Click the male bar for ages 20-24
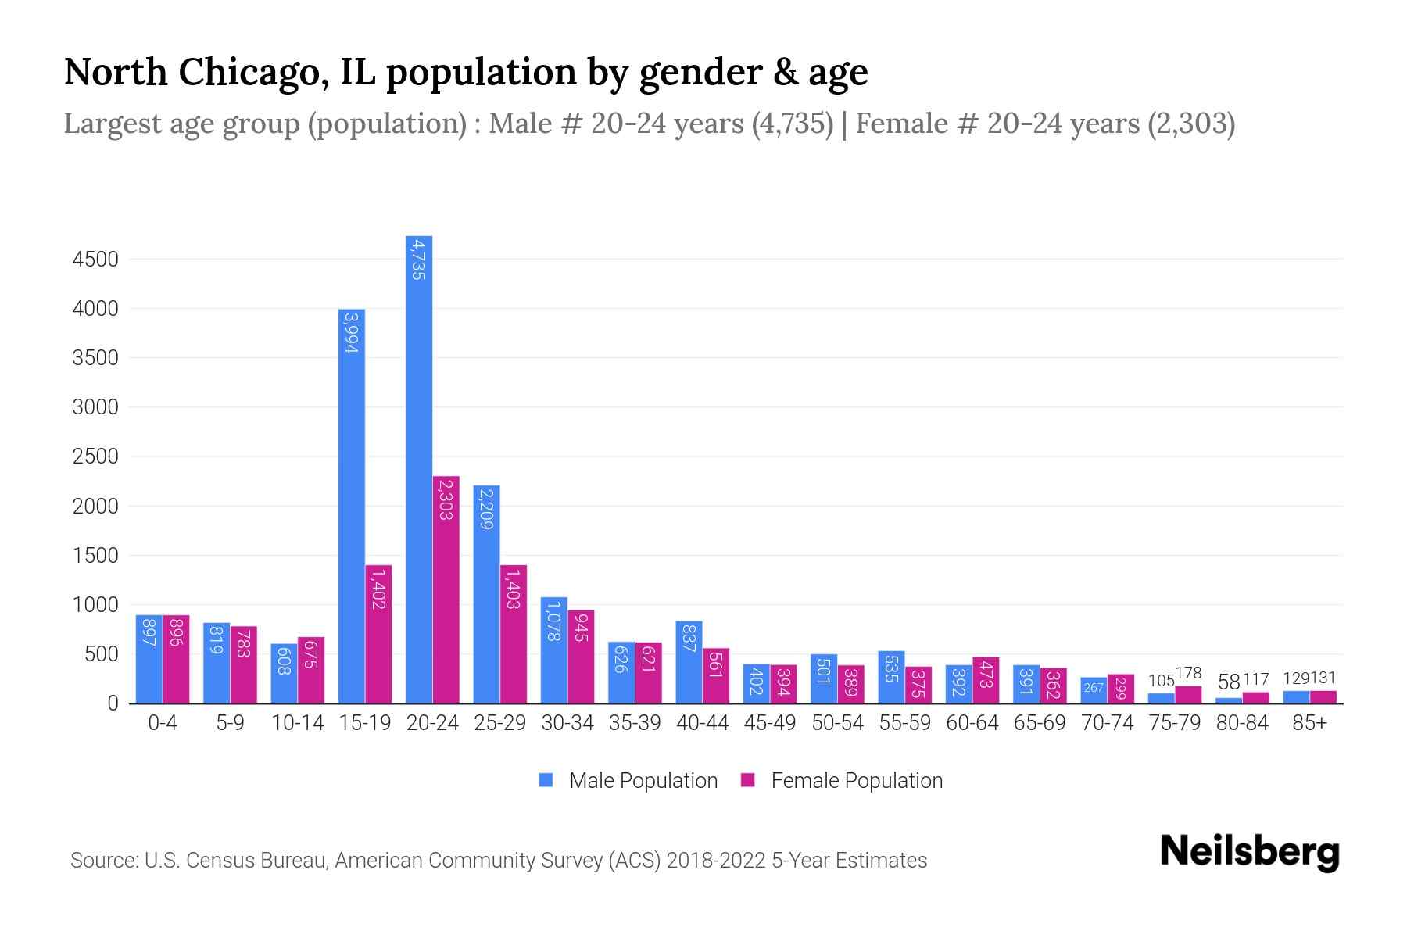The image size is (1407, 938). [419, 469]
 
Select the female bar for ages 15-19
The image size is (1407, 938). [378, 634]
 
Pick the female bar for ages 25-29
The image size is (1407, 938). [514, 634]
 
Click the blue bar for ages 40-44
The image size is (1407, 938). [689, 662]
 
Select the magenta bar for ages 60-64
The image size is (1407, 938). [986, 680]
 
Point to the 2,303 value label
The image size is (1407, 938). [446, 500]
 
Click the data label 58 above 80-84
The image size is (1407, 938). [1229, 682]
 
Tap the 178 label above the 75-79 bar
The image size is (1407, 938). [1188, 673]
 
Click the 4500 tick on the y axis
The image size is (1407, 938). [95, 260]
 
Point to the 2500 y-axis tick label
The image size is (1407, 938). [95, 456]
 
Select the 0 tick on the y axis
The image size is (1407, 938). [113, 703]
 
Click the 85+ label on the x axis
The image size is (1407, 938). [1309, 723]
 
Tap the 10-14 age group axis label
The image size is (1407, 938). [297, 723]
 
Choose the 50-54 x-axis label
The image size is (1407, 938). [837, 723]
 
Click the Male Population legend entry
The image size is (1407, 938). [643, 781]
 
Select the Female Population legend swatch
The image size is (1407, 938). [748, 780]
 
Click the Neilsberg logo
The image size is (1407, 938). [1249, 852]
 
